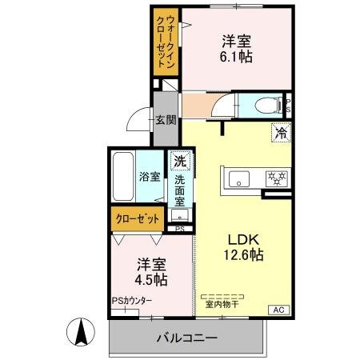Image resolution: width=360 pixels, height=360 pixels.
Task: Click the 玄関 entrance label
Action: [166, 121]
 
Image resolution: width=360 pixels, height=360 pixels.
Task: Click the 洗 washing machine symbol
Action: [182, 161]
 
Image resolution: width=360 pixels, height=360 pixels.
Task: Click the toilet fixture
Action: [266, 105]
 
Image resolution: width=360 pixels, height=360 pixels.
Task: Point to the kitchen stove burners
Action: [276, 178]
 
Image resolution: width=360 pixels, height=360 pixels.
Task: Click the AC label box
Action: [281, 310]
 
